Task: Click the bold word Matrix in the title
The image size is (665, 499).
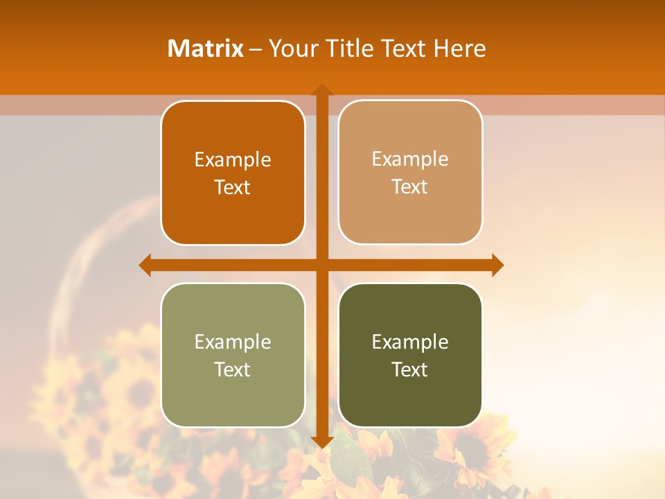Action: pos(205,49)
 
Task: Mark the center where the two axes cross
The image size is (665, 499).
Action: pos(322,265)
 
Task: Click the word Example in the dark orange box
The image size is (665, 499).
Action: pos(233,159)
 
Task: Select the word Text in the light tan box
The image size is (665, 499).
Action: pos(410,187)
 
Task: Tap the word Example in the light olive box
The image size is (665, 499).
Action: pos(233,342)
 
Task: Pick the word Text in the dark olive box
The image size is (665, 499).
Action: pos(410,369)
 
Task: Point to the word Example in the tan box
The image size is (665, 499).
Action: pos(410,159)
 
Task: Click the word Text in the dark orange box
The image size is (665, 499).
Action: pos(233,187)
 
